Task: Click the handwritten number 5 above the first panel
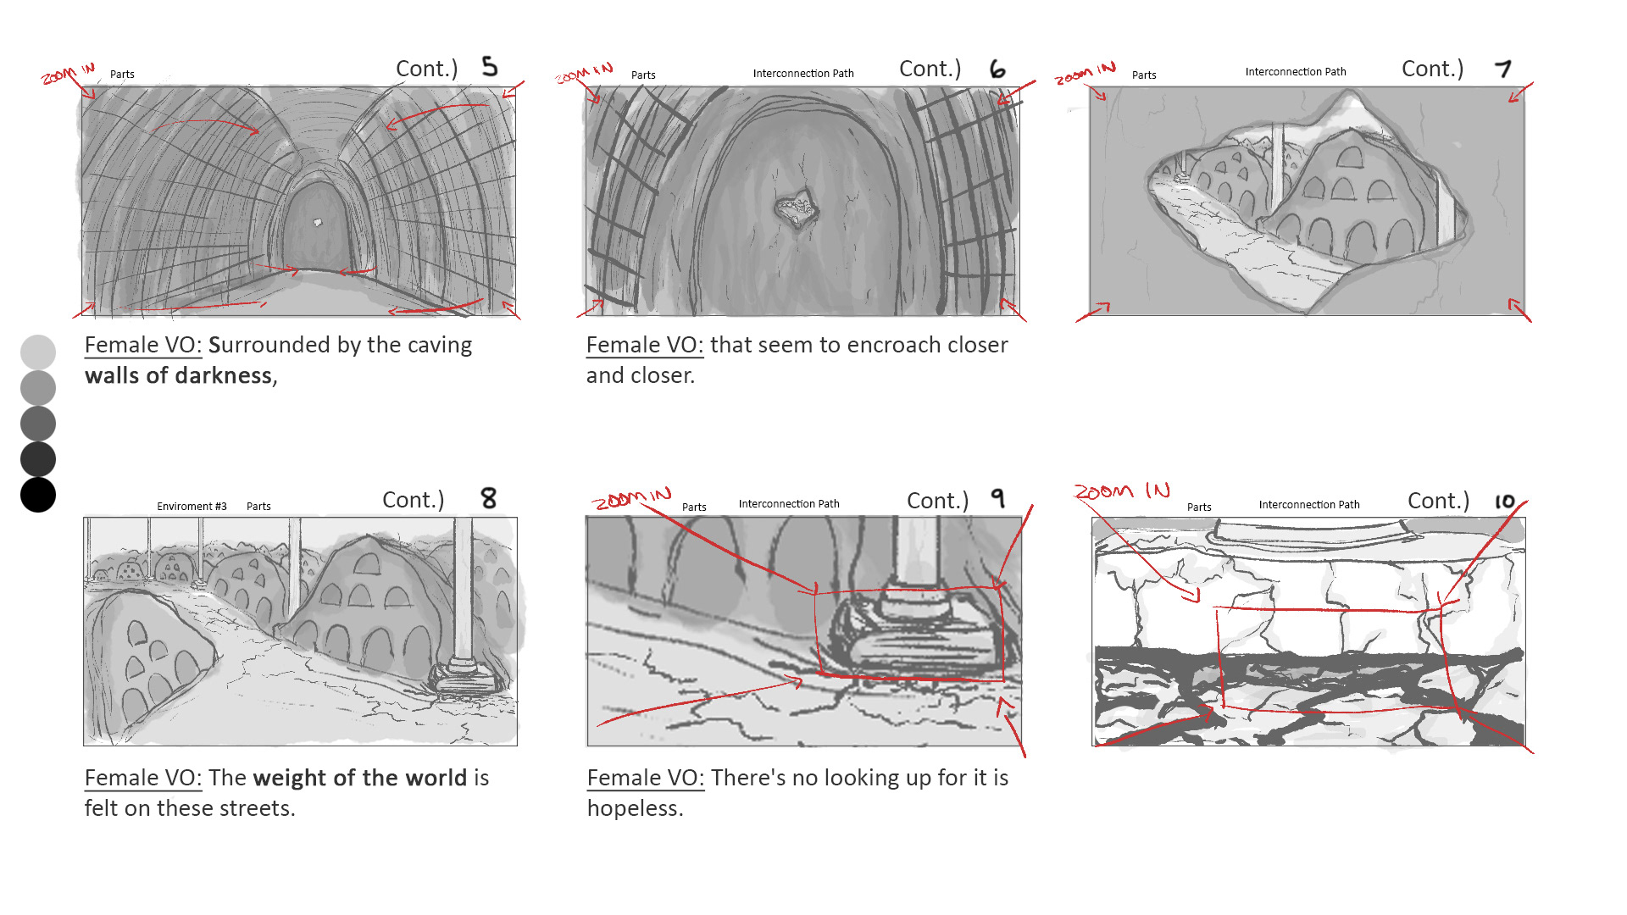point(490,67)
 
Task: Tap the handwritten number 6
point(997,69)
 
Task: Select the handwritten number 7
point(1503,69)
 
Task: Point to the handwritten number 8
point(489,498)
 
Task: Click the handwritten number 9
point(998,498)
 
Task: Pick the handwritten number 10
point(1505,501)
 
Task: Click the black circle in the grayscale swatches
point(38,495)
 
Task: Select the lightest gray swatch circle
point(38,352)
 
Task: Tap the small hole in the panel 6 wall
point(796,208)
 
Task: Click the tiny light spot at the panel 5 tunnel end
point(318,222)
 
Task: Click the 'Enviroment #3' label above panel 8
point(192,507)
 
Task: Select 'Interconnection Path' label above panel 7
point(1296,72)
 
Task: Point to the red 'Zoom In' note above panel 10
point(1122,491)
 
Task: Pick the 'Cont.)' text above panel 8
point(414,500)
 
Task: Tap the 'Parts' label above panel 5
point(122,75)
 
